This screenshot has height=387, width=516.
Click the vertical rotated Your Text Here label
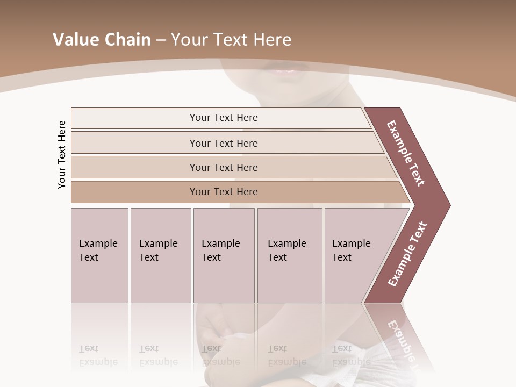click(62, 154)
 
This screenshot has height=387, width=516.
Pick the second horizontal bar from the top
click(223, 143)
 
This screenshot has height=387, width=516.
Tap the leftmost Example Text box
click(99, 255)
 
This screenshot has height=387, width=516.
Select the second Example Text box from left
click(160, 255)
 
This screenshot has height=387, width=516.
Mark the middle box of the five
click(224, 255)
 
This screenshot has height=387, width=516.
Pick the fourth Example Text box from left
click(289, 255)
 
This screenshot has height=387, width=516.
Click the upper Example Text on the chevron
click(406, 153)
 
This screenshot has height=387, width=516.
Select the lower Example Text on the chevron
click(407, 254)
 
